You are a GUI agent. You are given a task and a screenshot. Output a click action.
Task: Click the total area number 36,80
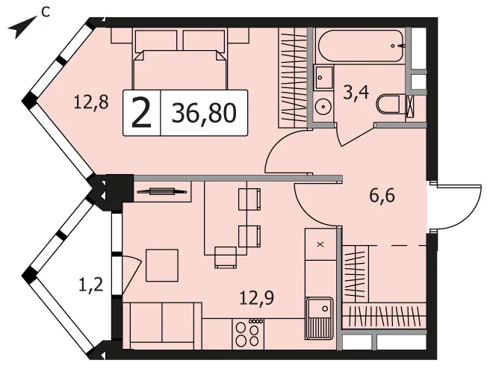[x=204, y=113]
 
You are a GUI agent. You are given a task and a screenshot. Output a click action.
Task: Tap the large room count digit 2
[x=141, y=113]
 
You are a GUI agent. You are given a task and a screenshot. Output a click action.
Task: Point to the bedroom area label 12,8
[x=91, y=102]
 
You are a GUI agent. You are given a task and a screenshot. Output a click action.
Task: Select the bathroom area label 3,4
[x=356, y=93]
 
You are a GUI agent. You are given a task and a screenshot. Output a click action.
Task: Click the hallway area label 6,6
[x=382, y=196]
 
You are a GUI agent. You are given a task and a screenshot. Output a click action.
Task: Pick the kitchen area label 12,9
[x=256, y=297]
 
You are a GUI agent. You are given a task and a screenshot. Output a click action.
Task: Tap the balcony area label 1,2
[x=90, y=285]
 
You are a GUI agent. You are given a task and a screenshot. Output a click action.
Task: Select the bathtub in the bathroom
[x=361, y=46]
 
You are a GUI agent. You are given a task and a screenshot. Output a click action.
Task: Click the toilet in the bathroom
[x=388, y=104]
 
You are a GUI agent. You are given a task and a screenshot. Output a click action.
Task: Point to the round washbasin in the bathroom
[x=323, y=106]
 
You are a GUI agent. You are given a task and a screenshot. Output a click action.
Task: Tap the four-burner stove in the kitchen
[x=249, y=334]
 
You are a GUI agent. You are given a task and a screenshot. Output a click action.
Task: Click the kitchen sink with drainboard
[x=319, y=318]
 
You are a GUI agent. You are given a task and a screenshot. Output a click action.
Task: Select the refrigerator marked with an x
[x=320, y=244]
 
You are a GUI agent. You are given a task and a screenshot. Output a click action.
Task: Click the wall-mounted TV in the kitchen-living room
[x=162, y=191]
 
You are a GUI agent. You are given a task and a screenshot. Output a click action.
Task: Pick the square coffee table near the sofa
[x=162, y=265]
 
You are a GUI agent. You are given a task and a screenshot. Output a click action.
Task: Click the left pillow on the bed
[x=155, y=41]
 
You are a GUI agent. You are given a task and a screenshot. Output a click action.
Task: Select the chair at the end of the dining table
[x=226, y=258]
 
